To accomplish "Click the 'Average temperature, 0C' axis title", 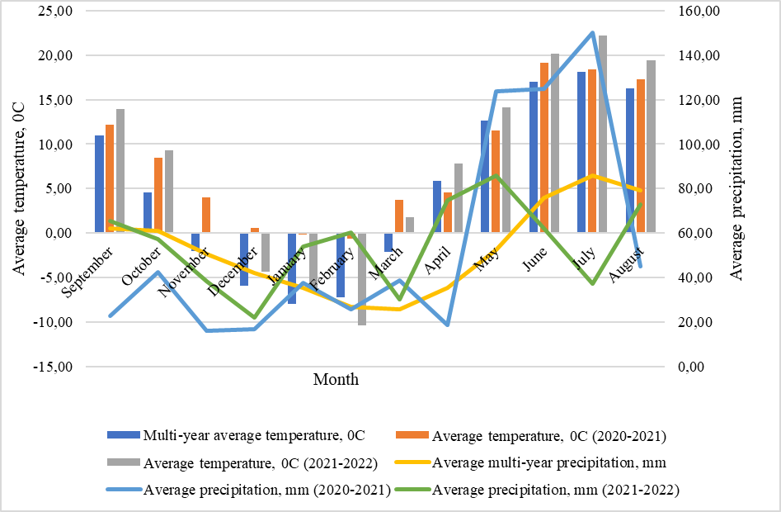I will (x=19, y=189).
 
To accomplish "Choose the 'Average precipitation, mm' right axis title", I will (x=737, y=189).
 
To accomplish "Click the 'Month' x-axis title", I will (x=336, y=380).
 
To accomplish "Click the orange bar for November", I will (x=206, y=215).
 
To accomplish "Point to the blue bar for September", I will (x=100, y=184).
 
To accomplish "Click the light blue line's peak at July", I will (x=592, y=33).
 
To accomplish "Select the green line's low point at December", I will (x=255, y=317).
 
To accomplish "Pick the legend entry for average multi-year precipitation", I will (x=548, y=462).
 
